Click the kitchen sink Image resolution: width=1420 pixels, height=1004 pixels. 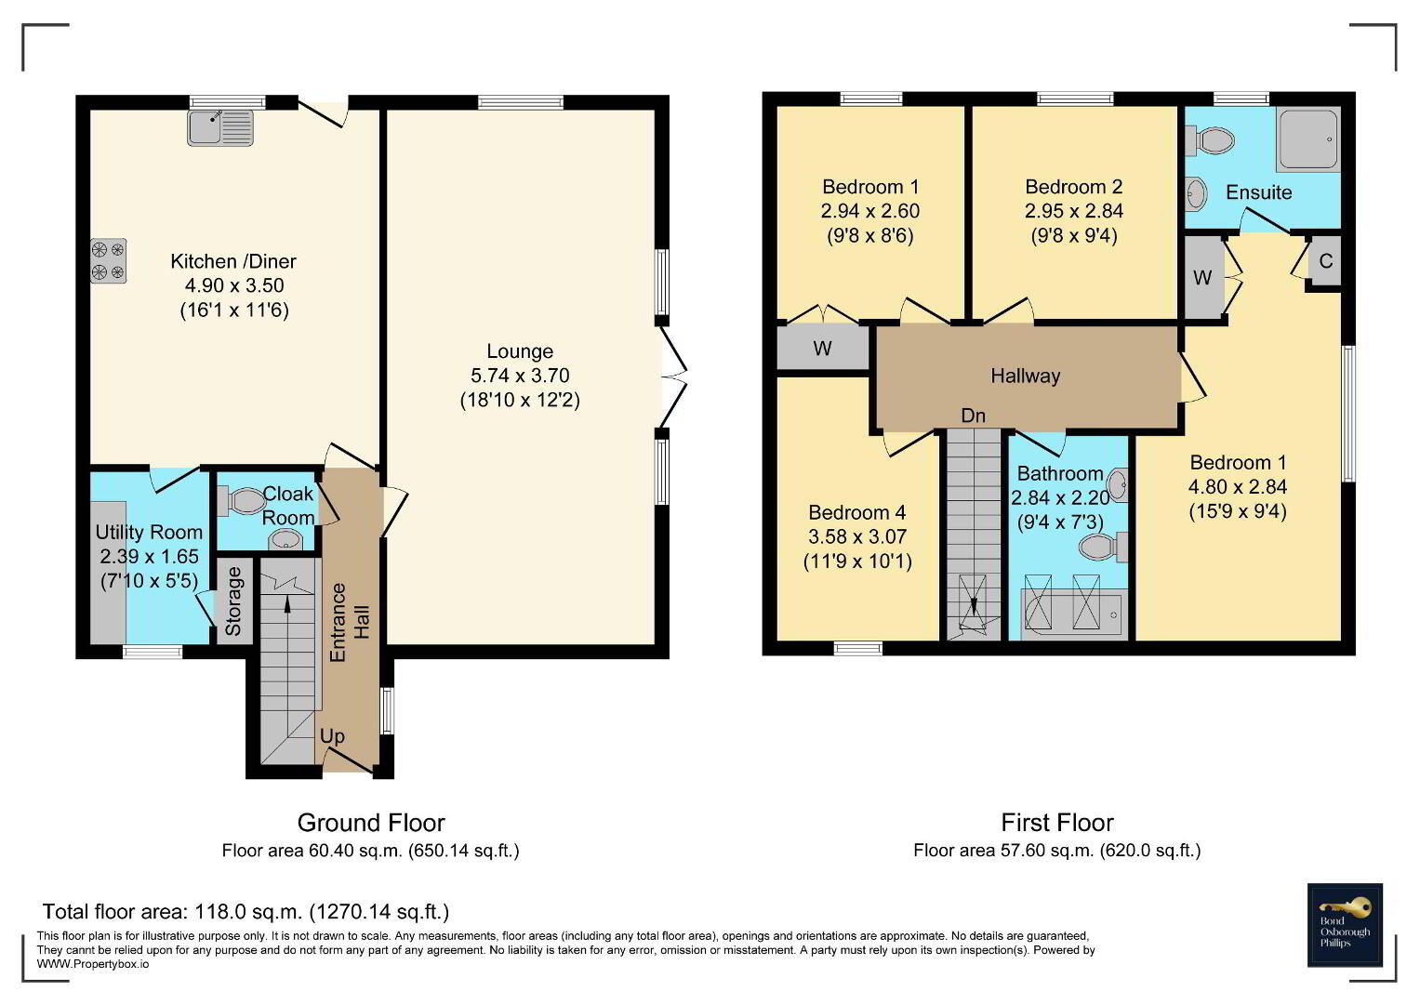pos(220,127)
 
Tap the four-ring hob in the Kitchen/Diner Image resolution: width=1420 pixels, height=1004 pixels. pos(109,260)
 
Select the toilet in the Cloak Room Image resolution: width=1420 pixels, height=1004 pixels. pos(241,501)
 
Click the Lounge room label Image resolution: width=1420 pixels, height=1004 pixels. pos(520,351)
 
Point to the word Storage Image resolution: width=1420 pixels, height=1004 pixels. pos(233,601)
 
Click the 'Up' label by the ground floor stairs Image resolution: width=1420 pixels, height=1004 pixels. pos(332,736)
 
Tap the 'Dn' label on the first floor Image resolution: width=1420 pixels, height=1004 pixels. pos(973,416)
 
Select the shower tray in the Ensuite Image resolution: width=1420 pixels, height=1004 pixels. pos(1309,140)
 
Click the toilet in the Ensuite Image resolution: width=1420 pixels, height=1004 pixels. pos(1210,140)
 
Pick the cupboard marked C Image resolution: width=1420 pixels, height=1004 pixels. pos(1325,261)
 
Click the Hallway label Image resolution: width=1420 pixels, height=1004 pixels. pos(1026,376)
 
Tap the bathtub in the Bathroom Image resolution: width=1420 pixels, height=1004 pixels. pos(1070,614)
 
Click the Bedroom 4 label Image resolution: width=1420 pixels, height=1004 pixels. pos(857,512)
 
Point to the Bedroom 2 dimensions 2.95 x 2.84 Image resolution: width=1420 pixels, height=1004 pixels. pos(1074,211)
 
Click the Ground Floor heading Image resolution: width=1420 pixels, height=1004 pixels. pos(371,823)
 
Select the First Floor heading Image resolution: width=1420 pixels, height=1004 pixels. pos(1056,823)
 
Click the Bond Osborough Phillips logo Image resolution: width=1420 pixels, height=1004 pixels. pos(1345,925)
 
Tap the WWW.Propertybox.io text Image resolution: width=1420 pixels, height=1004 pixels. pos(93,964)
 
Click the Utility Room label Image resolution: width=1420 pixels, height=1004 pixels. pos(149,533)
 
